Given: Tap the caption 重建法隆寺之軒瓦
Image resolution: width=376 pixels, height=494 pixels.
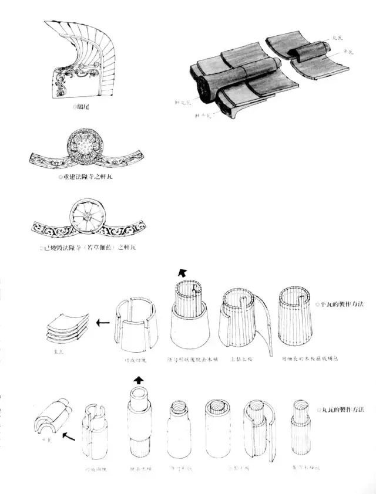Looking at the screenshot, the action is tap(85, 176).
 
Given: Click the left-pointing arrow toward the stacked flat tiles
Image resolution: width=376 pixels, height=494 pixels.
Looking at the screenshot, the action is tap(103, 322).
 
